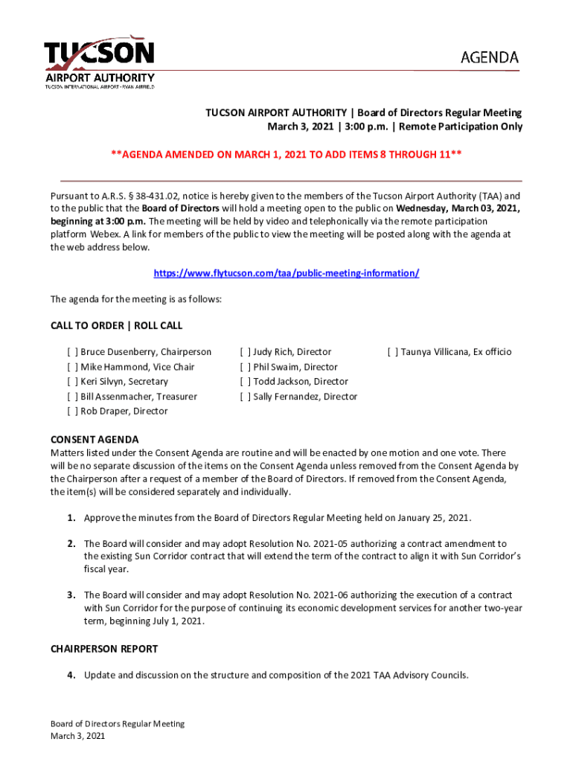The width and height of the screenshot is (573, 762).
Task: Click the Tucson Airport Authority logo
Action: (99, 63)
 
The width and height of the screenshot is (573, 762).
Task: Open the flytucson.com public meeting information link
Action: (286, 273)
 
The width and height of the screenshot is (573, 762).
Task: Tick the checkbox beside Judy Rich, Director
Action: (245, 352)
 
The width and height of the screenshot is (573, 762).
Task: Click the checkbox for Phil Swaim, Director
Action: (245, 367)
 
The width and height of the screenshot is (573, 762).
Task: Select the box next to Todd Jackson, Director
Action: (245, 382)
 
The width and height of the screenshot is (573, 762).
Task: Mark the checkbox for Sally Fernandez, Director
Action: (245, 397)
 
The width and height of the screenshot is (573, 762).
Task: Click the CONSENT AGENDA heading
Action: (95, 440)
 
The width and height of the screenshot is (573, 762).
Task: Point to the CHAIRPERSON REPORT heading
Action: (104, 649)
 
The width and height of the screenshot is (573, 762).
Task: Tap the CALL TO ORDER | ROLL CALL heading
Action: (116, 326)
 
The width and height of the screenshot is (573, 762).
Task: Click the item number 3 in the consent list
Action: (71, 595)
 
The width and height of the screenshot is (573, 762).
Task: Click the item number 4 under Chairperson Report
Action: (71, 676)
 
